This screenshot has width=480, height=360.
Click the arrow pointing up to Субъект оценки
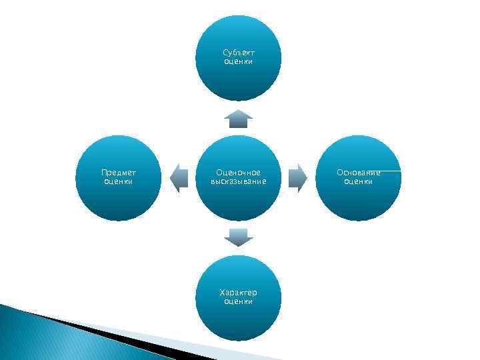238,119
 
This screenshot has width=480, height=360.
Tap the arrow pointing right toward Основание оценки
297,178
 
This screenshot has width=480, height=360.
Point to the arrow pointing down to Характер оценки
238,237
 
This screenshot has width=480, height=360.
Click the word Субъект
239,53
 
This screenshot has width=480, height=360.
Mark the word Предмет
119,173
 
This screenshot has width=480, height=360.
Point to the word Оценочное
239,173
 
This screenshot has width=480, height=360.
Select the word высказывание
239,181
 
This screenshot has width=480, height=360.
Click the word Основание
358,173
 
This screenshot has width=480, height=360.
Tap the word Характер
239,293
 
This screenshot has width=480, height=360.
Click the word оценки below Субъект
239,61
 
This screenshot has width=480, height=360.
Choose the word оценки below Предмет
119,181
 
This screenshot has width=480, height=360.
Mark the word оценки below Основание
358,181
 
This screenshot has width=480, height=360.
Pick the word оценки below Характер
239,301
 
